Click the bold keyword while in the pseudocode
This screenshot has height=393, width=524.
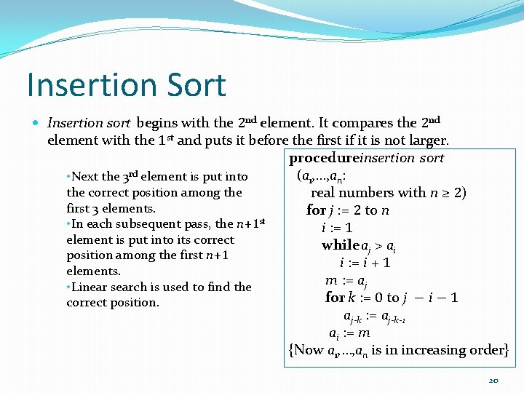coord(341,245)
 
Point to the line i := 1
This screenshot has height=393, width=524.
coord(338,228)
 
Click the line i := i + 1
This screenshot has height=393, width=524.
coord(365,263)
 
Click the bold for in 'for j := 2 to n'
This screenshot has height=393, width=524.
coord(316,210)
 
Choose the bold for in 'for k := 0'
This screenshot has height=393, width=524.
coord(335,298)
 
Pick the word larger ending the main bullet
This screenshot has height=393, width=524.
coord(428,140)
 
